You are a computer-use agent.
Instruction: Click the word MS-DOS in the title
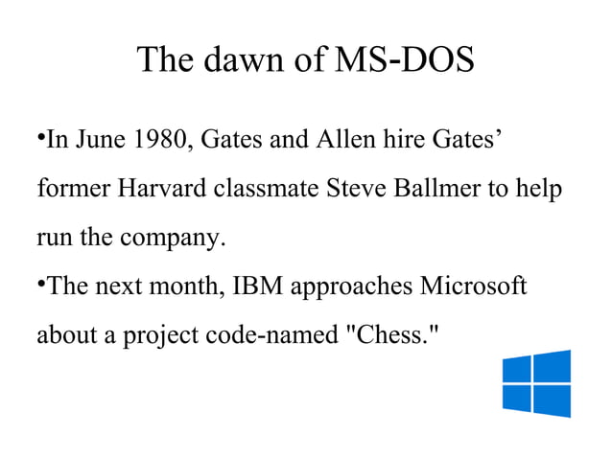pyautogui.click(x=402, y=61)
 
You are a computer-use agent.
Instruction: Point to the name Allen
pyautogui.click(x=344, y=143)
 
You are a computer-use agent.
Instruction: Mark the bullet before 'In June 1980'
pyautogui.click(x=40, y=141)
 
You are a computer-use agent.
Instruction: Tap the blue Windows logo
pyautogui.click(x=536, y=383)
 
